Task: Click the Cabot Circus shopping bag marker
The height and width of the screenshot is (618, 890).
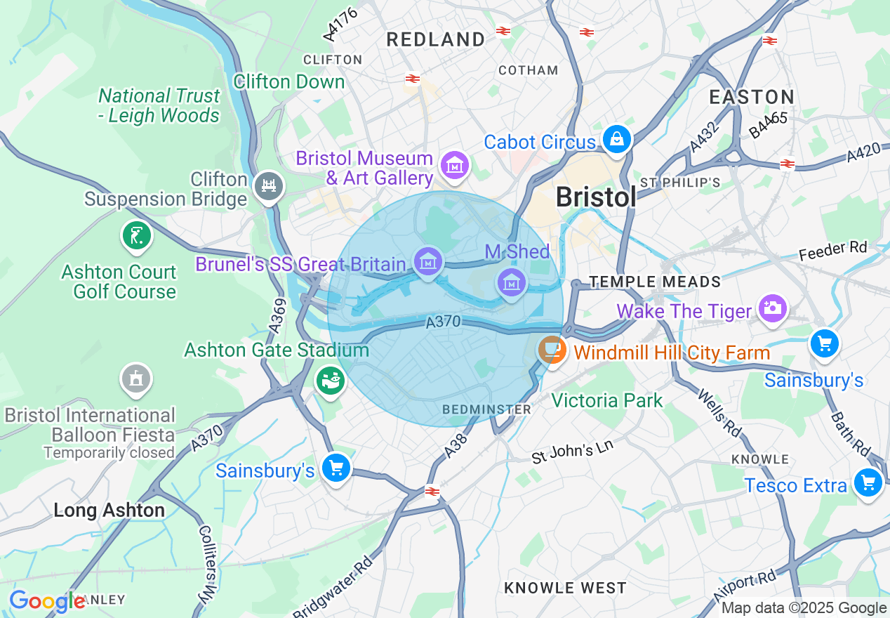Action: click(616, 138)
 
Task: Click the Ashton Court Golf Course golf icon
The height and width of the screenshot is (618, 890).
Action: click(137, 235)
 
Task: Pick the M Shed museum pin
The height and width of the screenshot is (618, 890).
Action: click(512, 282)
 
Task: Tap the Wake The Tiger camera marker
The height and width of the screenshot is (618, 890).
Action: click(772, 308)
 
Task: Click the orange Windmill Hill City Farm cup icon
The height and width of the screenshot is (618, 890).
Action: click(552, 348)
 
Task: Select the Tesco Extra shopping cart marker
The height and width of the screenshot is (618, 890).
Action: click(868, 483)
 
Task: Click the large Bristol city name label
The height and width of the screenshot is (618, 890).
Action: click(596, 197)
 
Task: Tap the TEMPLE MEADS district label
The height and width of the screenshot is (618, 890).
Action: click(655, 282)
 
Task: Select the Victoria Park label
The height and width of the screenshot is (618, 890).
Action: click(606, 400)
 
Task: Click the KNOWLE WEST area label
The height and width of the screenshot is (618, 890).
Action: click(565, 587)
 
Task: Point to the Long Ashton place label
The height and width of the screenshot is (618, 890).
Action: click(109, 510)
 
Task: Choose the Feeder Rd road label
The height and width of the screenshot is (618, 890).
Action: click(832, 250)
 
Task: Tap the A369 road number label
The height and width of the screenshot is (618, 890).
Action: click(276, 314)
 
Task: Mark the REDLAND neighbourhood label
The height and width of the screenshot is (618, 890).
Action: click(435, 40)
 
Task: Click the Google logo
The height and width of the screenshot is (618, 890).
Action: click(46, 601)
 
